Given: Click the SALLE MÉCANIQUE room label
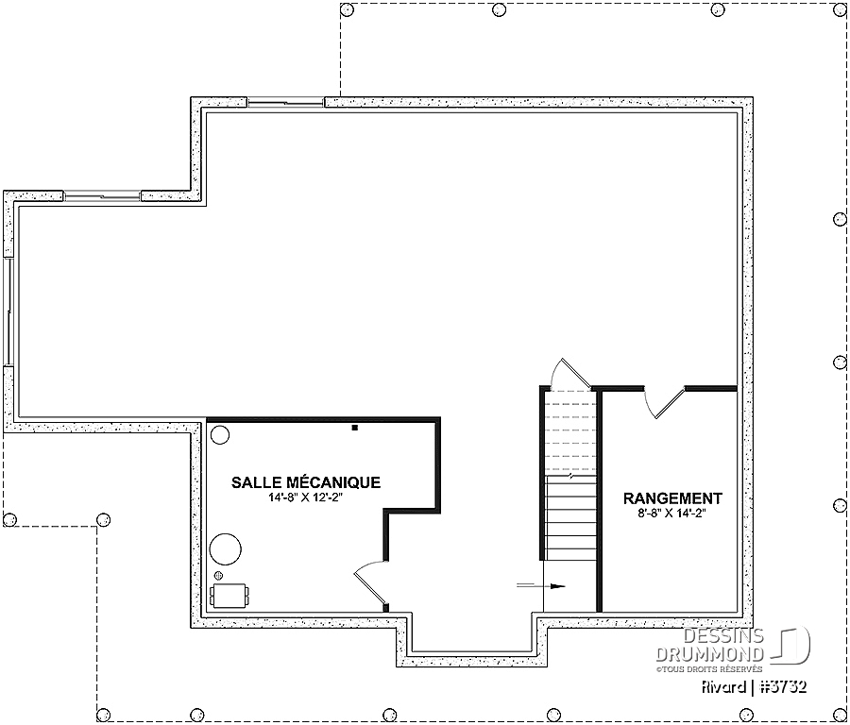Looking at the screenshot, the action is pos(306,482).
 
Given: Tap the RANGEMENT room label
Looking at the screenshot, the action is pos(672,497).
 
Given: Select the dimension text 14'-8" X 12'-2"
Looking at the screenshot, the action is pos(306,497).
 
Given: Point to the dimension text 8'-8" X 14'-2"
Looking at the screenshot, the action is pos(672,513).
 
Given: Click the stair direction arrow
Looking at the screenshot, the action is pos(541,585).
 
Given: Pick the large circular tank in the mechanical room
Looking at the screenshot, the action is pos(226,548).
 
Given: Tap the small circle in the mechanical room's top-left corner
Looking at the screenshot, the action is pos(219,434).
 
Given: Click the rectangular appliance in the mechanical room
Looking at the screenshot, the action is pos(229,596).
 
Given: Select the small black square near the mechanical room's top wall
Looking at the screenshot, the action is pos(355,428).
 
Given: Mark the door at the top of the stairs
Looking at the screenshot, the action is pos(570,374).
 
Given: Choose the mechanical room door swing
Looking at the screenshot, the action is pos(371,582).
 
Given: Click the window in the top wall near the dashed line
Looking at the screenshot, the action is pos(285,102).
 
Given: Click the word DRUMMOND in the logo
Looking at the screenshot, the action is pos(710,654).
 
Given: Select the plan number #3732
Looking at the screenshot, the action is pos(783,687).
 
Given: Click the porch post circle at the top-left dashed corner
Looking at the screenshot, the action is pos(348,9).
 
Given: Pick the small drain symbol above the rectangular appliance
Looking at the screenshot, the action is pos(219,575).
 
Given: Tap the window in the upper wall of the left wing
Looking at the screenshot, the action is pos(102,195).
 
